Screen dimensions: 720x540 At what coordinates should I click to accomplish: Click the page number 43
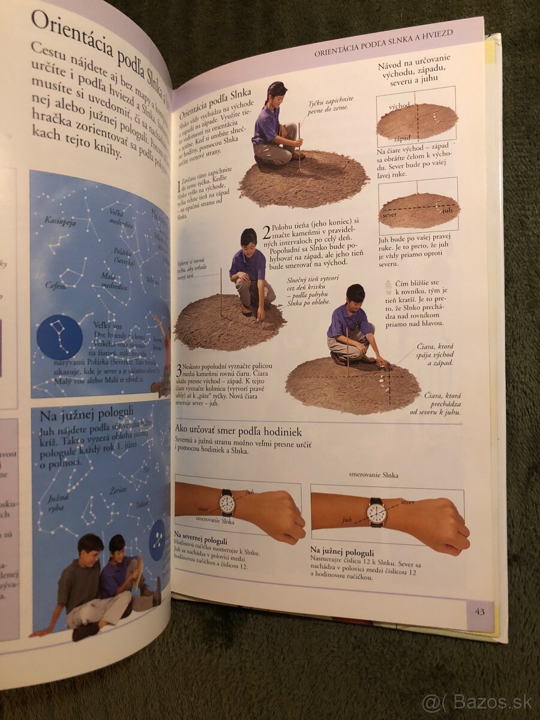click(x=479, y=612)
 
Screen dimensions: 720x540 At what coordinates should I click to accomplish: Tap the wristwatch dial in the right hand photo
click(x=376, y=512)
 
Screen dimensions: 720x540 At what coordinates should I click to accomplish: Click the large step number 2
click(x=266, y=233)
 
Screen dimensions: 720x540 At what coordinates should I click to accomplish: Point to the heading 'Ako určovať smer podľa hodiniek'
click(x=238, y=431)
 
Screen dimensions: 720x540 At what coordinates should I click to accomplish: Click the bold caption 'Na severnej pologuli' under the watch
click(x=202, y=533)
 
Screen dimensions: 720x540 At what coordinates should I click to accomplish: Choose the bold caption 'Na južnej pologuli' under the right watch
click(x=342, y=552)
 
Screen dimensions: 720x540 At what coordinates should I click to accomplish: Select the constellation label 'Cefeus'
click(x=55, y=286)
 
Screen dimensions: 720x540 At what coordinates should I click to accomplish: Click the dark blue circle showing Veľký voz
click(x=59, y=337)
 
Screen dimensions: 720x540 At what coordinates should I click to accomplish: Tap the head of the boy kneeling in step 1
click(x=277, y=92)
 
